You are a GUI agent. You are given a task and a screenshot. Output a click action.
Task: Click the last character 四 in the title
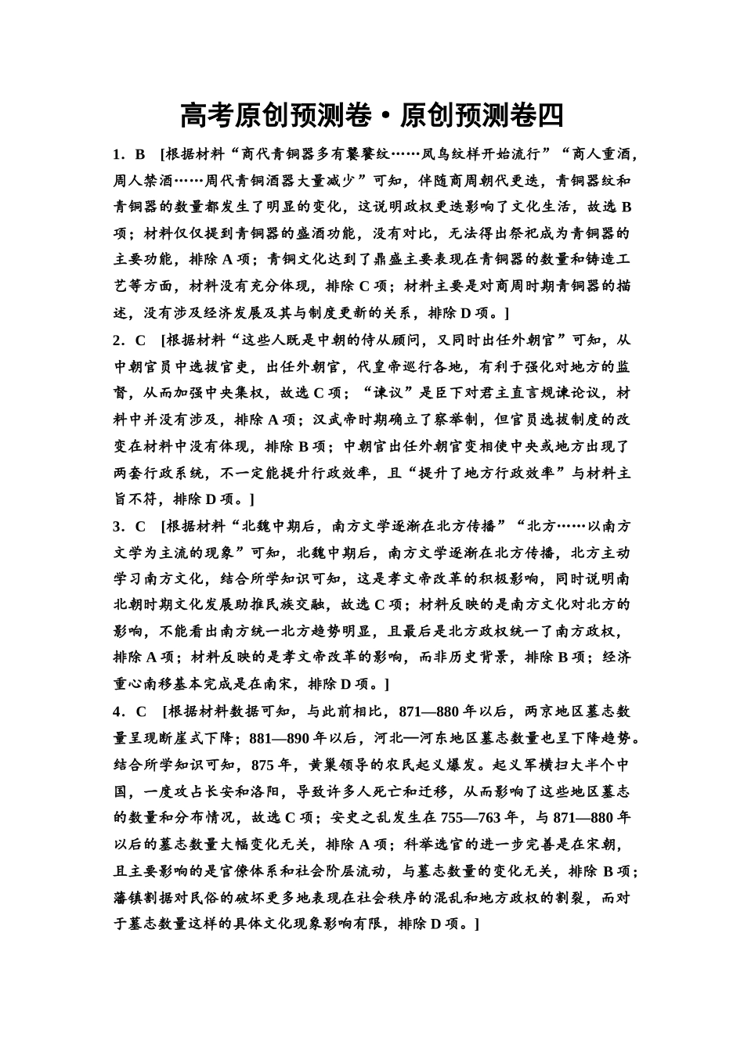click(x=549, y=116)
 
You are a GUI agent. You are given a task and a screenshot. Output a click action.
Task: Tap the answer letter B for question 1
click(x=141, y=154)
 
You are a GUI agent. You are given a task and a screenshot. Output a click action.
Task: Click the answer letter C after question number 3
click(x=141, y=526)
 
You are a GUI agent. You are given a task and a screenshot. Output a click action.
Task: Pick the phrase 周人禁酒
click(x=143, y=181)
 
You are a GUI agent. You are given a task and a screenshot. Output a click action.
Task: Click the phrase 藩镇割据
click(x=143, y=897)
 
